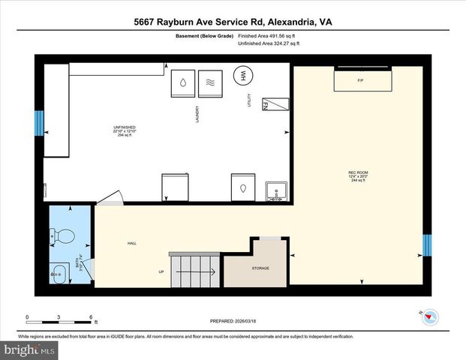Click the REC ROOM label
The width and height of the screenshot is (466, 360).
pos(358,175)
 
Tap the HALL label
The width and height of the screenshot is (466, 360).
pos(132,243)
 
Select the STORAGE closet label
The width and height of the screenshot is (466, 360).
pos(260,268)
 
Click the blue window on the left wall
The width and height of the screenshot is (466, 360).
pos(38,123)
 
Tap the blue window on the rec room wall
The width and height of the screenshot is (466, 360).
pos(427,245)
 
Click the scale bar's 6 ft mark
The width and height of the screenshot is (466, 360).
pos(91,317)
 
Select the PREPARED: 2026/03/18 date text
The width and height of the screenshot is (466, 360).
pos(233,320)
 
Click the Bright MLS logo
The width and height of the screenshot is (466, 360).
pos(29,349)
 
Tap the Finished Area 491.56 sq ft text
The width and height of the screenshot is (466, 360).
pos(268,34)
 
